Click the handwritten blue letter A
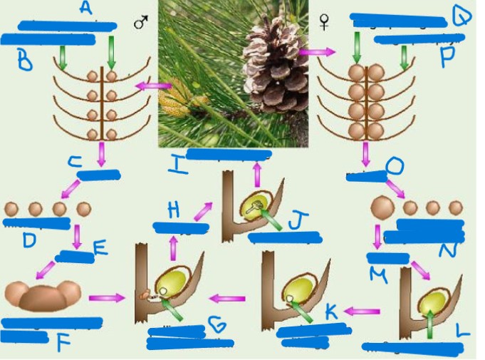click(x=85, y=9)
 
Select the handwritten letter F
click(x=64, y=343)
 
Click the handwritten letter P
click(x=447, y=57)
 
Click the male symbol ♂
click(x=140, y=24)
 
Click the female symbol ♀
click(x=325, y=24)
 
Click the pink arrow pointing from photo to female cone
click(x=316, y=52)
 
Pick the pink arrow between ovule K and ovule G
click(x=229, y=299)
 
